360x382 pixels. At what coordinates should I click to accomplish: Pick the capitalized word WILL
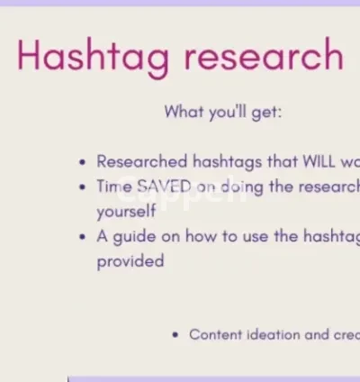coord(309,162)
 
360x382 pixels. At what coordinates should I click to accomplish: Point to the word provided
coord(130,261)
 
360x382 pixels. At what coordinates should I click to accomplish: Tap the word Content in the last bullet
coord(217,334)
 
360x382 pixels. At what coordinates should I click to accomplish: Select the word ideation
coord(276,334)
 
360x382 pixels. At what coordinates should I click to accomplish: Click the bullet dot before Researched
coord(83,163)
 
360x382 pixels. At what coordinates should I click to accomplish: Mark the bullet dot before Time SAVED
coord(83,187)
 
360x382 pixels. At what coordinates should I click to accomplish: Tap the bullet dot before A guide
coord(83,238)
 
